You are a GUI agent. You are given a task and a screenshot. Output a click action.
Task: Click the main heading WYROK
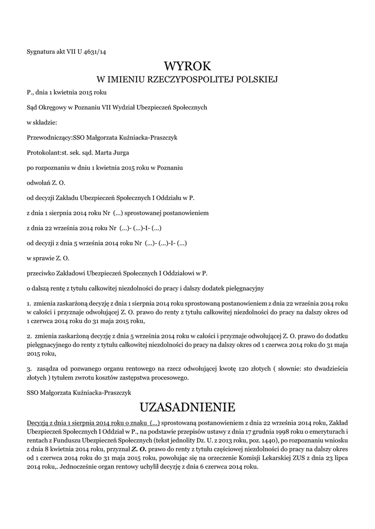point(188,66)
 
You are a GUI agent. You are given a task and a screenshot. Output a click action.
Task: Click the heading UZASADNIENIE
point(188,405)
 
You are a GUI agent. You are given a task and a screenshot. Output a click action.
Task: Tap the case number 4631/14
point(96,51)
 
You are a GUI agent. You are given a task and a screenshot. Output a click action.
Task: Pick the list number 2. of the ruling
point(29,336)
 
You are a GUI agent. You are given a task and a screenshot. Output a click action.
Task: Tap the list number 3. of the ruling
point(29,369)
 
